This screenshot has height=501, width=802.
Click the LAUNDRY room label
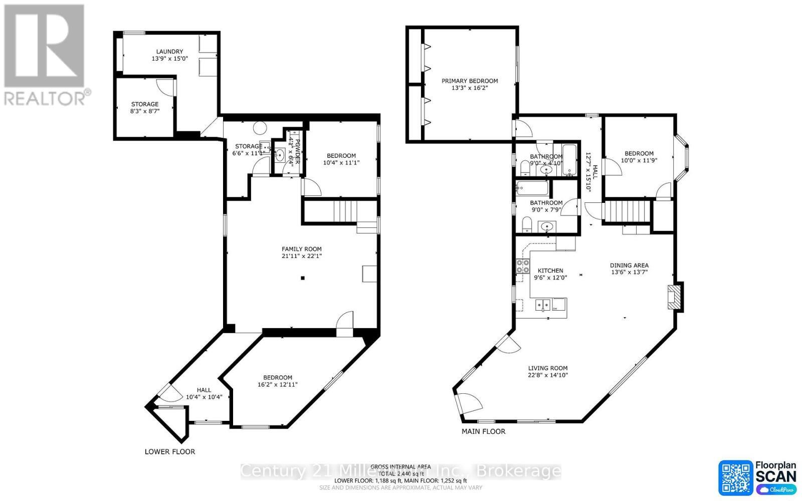(x=169, y=51)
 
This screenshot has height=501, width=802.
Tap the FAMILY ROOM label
(x=301, y=249)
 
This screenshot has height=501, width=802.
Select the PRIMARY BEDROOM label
(x=470, y=81)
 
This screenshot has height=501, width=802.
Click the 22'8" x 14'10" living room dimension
(x=547, y=375)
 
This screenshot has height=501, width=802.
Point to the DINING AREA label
(x=629, y=266)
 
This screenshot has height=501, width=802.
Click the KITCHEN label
(x=550, y=271)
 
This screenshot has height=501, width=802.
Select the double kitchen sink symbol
(x=542, y=304)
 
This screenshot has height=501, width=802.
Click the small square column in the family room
(x=302, y=278)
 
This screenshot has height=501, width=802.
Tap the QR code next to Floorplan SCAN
(x=735, y=477)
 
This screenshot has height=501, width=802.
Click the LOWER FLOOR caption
(x=169, y=451)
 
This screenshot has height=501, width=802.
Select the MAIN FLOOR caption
(x=483, y=431)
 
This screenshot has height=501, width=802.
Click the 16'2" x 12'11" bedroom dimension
(x=277, y=385)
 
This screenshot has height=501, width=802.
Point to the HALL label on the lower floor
(x=204, y=390)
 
